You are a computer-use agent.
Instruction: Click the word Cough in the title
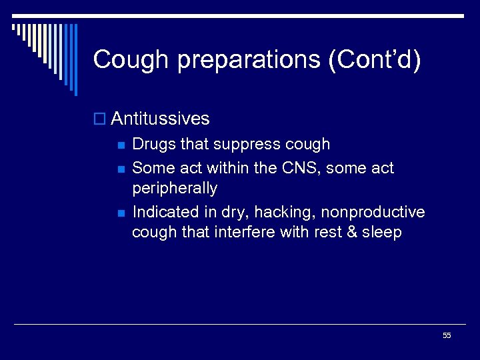(x=131, y=60)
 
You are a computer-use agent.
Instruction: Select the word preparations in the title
(x=249, y=60)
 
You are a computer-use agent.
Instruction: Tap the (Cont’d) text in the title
(x=374, y=60)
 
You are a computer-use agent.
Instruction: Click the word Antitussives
(x=160, y=119)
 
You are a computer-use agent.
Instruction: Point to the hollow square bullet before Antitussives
(x=100, y=119)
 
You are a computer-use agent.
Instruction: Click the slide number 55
(x=447, y=335)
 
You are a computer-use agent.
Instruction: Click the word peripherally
(x=175, y=189)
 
